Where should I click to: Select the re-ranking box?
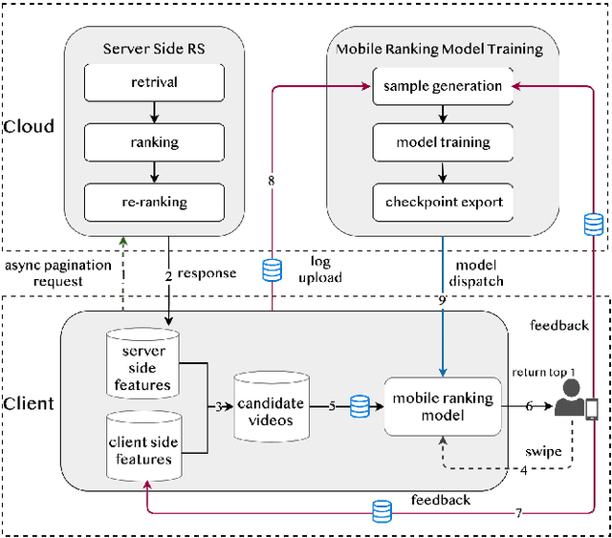click(154, 203)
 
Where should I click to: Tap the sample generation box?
click(442, 86)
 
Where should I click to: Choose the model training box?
click(443, 142)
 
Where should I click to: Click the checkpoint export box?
click(443, 202)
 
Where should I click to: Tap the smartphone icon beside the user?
click(593, 409)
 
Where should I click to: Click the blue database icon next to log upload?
click(273, 271)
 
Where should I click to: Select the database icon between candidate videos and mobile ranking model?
click(360, 407)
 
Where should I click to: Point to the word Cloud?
click(28, 126)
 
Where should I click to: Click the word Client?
click(28, 403)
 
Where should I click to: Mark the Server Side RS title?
click(154, 49)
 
